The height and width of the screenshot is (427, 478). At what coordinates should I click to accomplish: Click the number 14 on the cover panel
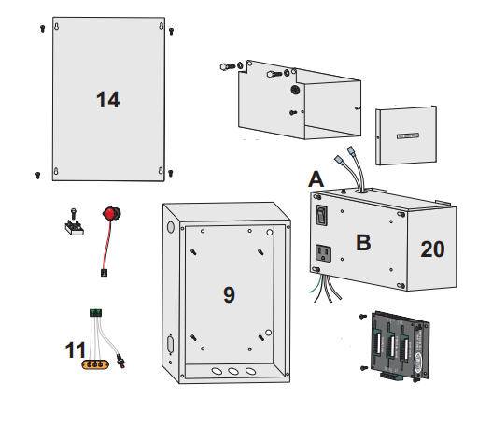[x=108, y=100]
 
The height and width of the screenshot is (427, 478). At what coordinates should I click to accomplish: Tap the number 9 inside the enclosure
[x=229, y=295]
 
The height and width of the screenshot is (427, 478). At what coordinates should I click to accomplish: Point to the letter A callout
[x=316, y=179]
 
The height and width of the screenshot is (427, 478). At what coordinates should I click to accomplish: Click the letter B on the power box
[x=363, y=243]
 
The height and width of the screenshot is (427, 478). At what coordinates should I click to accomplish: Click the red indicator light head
[x=114, y=215]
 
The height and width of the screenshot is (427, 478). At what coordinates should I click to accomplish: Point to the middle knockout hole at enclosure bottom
[x=232, y=370]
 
